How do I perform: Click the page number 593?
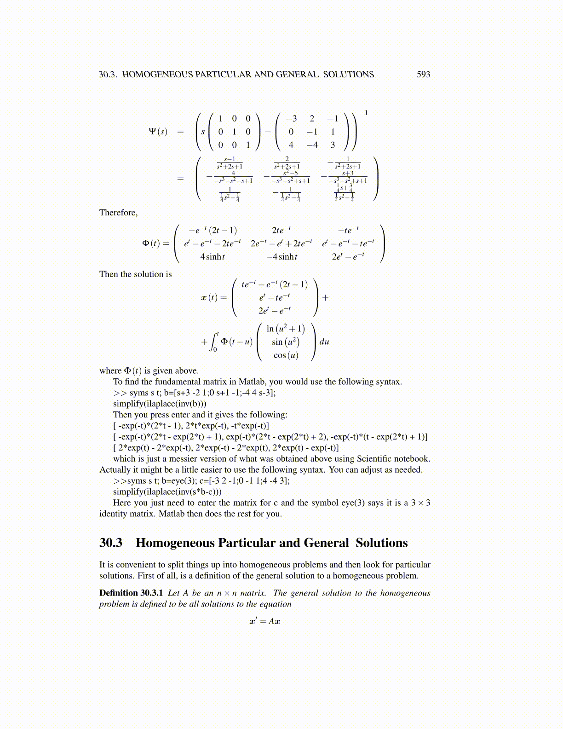tap(423, 75)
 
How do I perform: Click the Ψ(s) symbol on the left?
tap(158, 132)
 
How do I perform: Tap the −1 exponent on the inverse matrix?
tap(363, 113)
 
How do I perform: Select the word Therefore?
tap(118, 213)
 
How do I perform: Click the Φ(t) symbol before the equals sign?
tap(152, 243)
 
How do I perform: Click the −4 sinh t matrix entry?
tap(281, 257)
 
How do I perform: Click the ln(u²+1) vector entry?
tap(285, 329)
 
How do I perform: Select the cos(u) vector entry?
tap(286, 355)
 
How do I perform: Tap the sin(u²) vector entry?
tap(286, 342)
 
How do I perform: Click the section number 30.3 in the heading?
tap(111, 543)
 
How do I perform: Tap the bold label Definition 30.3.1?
tap(131, 593)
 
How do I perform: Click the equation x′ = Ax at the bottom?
tap(265, 621)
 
